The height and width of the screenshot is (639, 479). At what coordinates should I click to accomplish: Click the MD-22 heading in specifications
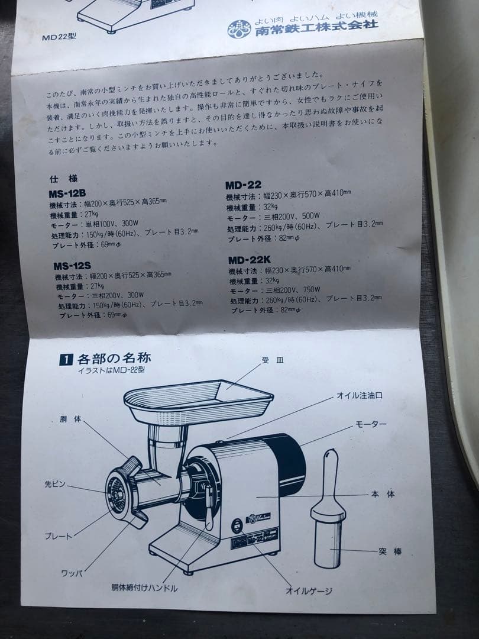[x=243, y=185]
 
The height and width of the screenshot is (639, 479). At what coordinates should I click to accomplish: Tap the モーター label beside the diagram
[x=371, y=425]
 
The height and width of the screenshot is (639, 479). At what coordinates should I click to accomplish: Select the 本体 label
[x=383, y=494]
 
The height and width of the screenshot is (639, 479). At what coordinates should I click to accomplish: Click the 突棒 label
[x=390, y=552]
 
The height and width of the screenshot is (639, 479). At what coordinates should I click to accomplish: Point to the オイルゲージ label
[x=309, y=590]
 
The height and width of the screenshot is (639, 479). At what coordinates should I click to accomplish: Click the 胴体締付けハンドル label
[x=144, y=588]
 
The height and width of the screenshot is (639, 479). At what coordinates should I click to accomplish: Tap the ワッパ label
[x=72, y=573]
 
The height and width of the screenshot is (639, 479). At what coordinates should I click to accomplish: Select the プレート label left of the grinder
[x=58, y=536]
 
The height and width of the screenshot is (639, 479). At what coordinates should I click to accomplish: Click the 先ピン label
[x=56, y=484]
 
